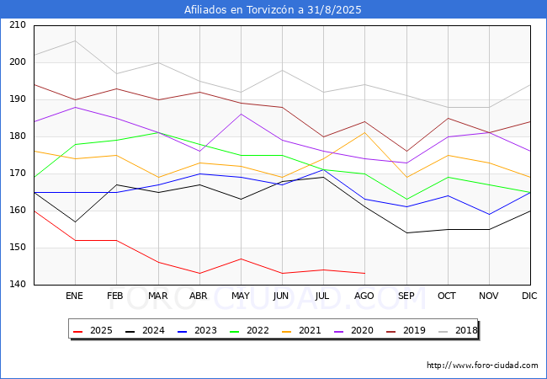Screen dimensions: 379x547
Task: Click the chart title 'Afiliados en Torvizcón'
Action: (x=273, y=10)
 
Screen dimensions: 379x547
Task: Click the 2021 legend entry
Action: (x=308, y=330)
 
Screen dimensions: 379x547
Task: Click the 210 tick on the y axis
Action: (x=18, y=25)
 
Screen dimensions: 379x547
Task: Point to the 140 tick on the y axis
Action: (x=18, y=285)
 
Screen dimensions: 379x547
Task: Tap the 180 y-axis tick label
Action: (x=18, y=136)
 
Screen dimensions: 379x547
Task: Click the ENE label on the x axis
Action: (x=75, y=296)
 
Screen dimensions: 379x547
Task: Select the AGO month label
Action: (x=364, y=296)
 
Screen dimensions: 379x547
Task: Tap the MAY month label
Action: (x=241, y=296)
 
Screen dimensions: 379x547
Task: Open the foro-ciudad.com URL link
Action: (x=482, y=366)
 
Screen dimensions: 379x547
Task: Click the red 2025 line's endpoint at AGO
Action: (x=364, y=274)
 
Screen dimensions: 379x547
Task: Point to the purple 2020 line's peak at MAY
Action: (x=241, y=114)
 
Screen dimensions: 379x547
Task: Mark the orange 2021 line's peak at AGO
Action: (x=364, y=132)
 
